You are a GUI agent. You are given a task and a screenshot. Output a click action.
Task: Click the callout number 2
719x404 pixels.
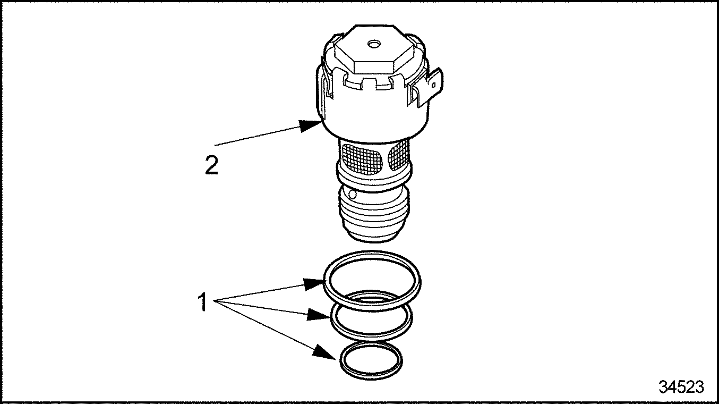[211, 165]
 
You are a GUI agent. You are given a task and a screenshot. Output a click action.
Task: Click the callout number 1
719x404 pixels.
[203, 302]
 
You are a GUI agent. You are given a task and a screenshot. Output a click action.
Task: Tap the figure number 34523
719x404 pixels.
[681, 386]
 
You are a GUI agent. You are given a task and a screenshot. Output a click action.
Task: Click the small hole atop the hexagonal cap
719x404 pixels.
[374, 44]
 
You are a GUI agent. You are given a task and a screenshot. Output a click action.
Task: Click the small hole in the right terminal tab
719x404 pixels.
[433, 86]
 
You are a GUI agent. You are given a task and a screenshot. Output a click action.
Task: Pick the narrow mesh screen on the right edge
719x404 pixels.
[399, 156]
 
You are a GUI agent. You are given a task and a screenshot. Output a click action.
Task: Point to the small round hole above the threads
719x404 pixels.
[352, 194]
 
